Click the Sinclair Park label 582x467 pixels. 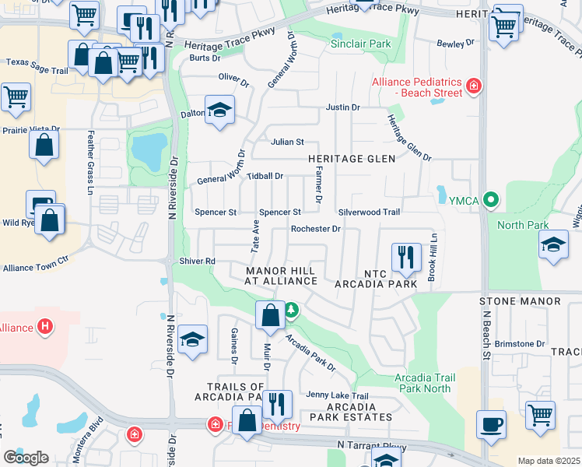pyautogui.click(x=360, y=44)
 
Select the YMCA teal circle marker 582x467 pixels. pyautogui.click(x=490, y=200)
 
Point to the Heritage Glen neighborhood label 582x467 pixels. pyautogui.click(x=351, y=158)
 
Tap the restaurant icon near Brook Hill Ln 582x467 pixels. pyautogui.click(x=405, y=257)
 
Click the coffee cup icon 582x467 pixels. pyautogui.click(x=491, y=425)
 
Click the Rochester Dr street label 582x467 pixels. pyautogui.click(x=315, y=229)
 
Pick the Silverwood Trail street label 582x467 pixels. pyautogui.click(x=369, y=212)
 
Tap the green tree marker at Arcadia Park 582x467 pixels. pyautogui.click(x=291, y=311)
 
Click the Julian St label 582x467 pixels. pyautogui.click(x=286, y=142)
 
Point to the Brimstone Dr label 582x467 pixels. pyautogui.click(x=519, y=343)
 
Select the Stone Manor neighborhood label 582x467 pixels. pyautogui.click(x=520, y=300)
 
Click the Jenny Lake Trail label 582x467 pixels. pyautogui.click(x=337, y=395)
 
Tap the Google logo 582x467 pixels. pyautogui.click(x=26, y=457)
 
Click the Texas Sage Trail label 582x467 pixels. pyautogui.click(x=37, y=61)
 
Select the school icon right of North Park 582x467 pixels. pyautogui.click(x=553, y=245)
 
